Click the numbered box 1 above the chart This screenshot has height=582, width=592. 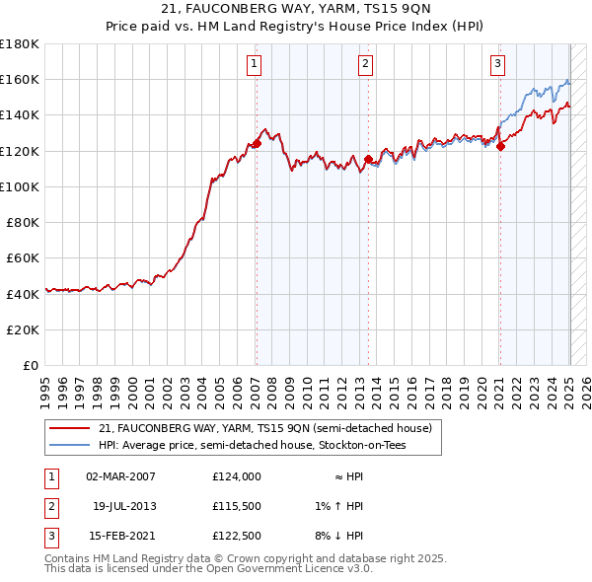click(x=255, y=65)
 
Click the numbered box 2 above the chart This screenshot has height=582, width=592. click(x=365, y=65)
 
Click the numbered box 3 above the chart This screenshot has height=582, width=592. click(x=497, y=65)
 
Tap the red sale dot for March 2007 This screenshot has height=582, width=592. click(x=257, y=144)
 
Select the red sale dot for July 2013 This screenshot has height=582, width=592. click(x=368, y=159)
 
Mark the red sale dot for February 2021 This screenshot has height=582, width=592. click(x=500, y=147)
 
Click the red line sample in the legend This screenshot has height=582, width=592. click(x=70, y=428)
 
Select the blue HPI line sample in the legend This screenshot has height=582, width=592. click(x=70, y=446)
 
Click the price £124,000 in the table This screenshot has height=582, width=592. click(x=236, y=476)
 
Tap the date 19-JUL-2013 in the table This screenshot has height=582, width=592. click(x=124, y=506)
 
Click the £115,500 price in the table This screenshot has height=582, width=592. click(x=236, y=506)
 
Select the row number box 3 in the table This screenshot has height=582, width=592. click(x=50, y=536)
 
